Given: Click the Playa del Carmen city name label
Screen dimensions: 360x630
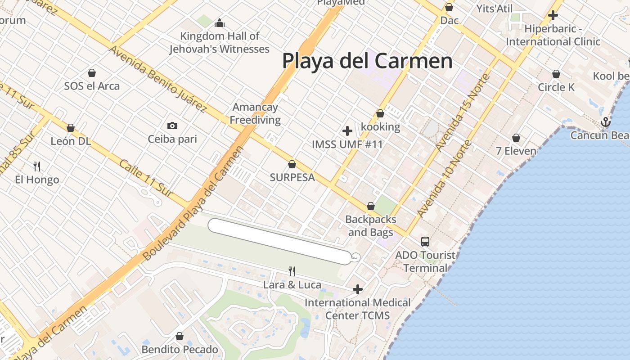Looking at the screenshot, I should coord(367,61).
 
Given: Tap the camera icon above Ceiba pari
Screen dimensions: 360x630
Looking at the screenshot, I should coord(172,126).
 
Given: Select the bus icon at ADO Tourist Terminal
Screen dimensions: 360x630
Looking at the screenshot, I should coord(425,242).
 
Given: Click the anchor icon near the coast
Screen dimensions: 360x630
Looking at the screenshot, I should coord(606,121).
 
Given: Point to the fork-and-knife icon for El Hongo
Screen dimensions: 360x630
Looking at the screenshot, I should coord(37,166).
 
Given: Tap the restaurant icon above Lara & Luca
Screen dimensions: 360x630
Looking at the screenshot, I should coord(292,271).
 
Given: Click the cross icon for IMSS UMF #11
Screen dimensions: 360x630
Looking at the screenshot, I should coord(347,131).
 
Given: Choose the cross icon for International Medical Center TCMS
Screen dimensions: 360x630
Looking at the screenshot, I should coord(358,289).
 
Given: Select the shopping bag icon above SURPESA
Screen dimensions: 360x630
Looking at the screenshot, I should coord(292,164).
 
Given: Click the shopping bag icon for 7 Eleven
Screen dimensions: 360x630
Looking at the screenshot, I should coord(516,138).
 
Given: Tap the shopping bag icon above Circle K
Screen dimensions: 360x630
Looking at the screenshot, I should coord(556,74).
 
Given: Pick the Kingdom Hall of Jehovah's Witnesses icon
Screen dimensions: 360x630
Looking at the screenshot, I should coord(220,22).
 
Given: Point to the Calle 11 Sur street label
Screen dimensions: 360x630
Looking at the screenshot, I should coord(146,178).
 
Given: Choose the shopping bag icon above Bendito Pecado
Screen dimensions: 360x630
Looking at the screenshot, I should coord(180,336).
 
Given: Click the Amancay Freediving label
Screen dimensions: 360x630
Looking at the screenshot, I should coord(256,113).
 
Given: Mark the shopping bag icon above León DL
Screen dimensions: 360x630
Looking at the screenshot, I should coord(71,128).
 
